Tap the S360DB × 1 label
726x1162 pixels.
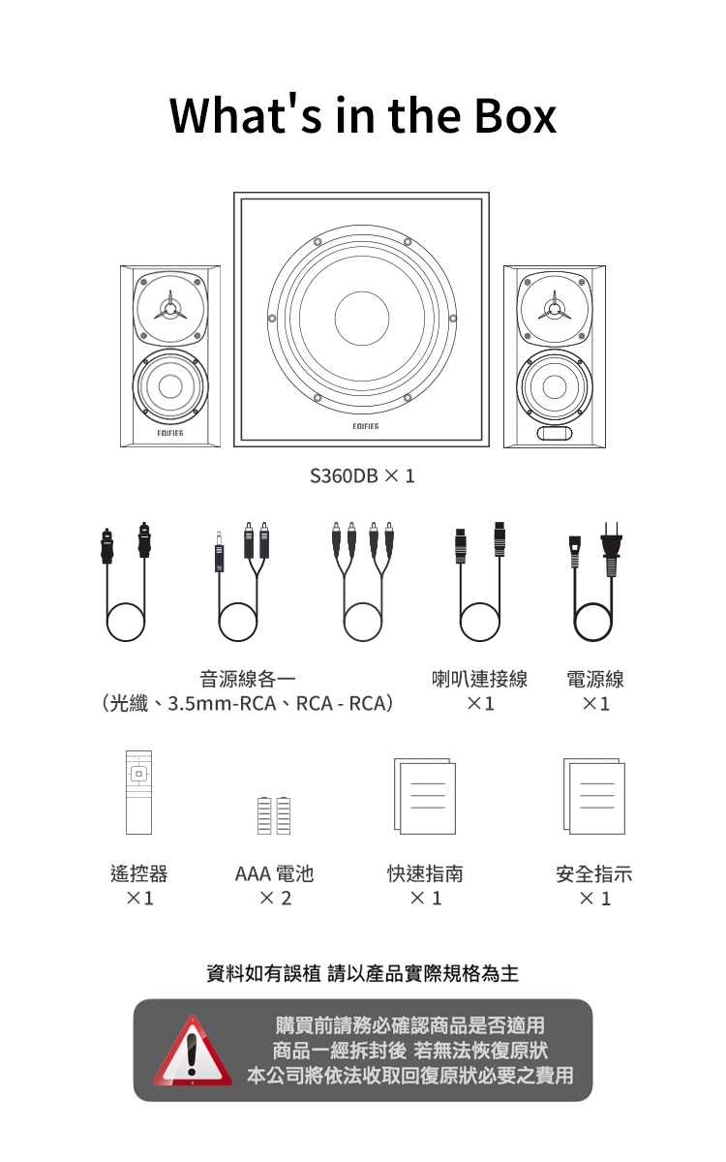(362, 476)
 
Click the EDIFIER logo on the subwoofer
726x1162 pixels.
(362, 427)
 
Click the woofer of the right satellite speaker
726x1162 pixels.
(554, 385)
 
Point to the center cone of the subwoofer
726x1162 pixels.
(362, 319)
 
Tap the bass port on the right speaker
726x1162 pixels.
(554, 432)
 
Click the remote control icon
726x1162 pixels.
(138, 792)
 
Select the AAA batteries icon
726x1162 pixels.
(274, 814)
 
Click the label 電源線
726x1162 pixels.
(595, 680)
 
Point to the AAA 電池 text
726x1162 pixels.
(274, 873)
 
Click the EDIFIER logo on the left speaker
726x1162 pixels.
(170, 432)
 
